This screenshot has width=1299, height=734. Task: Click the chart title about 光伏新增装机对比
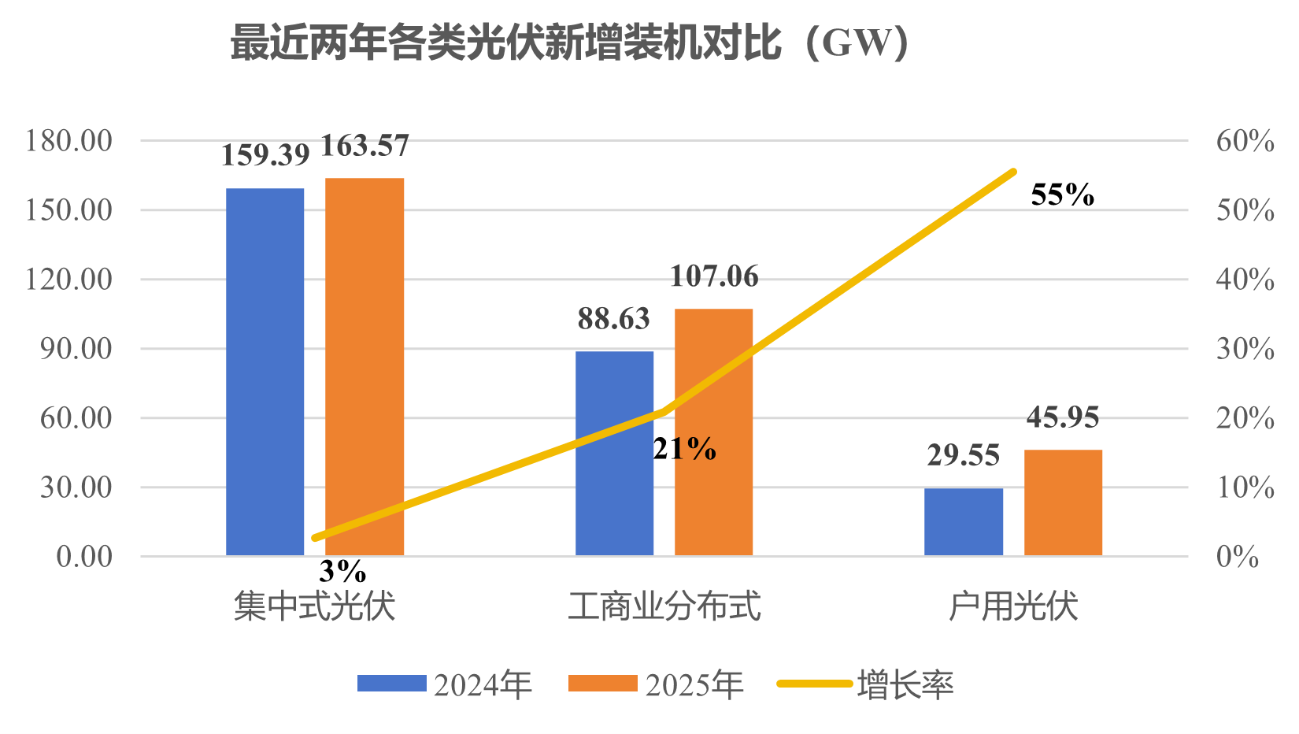pos(570,43)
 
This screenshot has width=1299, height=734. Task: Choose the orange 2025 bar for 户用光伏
pos(1063,502)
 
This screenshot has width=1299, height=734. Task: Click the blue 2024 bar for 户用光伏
pos(964,521)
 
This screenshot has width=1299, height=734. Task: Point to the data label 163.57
pos(365,146)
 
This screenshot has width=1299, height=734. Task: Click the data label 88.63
pos(614,319)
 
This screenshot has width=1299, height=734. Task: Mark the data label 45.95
pos(1063,417)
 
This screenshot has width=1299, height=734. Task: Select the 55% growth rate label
pos(1062,195)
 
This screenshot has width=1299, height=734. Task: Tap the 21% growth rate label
pos(684,449)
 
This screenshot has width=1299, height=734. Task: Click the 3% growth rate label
pos(342,570)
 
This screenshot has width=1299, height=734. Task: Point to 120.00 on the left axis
pos(69,279)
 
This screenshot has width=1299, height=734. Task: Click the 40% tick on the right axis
pos(1245,280)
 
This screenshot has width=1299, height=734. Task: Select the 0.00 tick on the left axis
pos(84,557)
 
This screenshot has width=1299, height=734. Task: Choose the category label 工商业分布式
pos(664,606)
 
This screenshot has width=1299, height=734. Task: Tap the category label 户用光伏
pos(1013,606)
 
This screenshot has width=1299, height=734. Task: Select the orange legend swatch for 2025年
pos(602,684)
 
